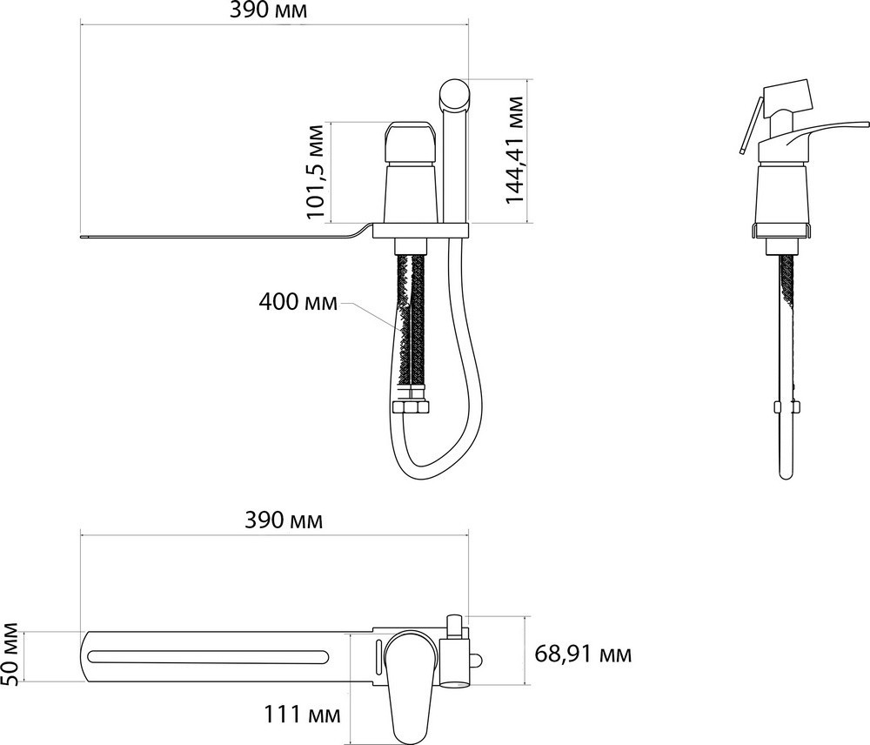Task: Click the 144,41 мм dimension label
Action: click(x=515, y=150)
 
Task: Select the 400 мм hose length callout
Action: click(x=298, y=303)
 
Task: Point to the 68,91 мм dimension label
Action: click(x=583, y=654)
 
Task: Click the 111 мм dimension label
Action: click(x=301, y=714)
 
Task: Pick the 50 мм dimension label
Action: click(x=10, y=655)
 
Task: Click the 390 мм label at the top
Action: click(x=267, y=10)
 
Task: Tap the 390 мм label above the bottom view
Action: click(x=284, y=520)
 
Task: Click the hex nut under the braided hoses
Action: click(x=410, y=407)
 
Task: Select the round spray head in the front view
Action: click(x=455, y=93)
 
